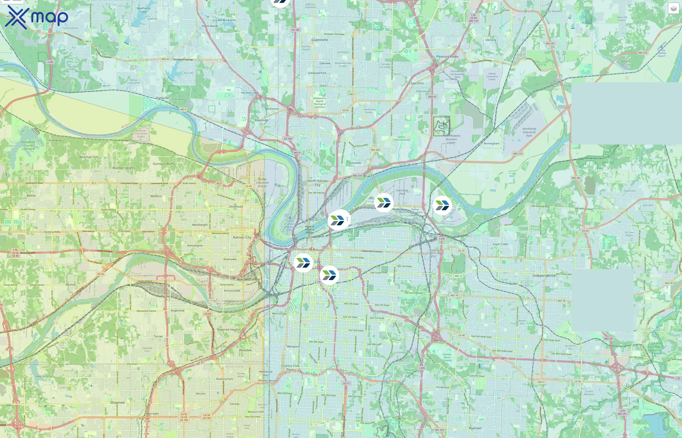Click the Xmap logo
pos(37,17)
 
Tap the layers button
pos(673,9)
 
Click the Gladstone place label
pos(319,40)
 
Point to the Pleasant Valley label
pos(447,56)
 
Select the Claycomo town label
pos(416,83)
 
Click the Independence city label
pos(544,276)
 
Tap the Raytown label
pos(475,428)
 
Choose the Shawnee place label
pos(117,402)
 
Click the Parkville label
pos(162,98)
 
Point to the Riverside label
pos(261,120)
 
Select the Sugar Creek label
pos(500,244)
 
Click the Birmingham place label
pos(491,143)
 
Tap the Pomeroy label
pos(56,140)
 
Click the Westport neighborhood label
pos(293,347)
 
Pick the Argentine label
pos(177,310)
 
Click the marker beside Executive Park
pos(384,203)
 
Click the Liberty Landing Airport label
pos(661,53)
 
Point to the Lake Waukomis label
pos(226,20)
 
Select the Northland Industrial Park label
pos(529,132)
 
